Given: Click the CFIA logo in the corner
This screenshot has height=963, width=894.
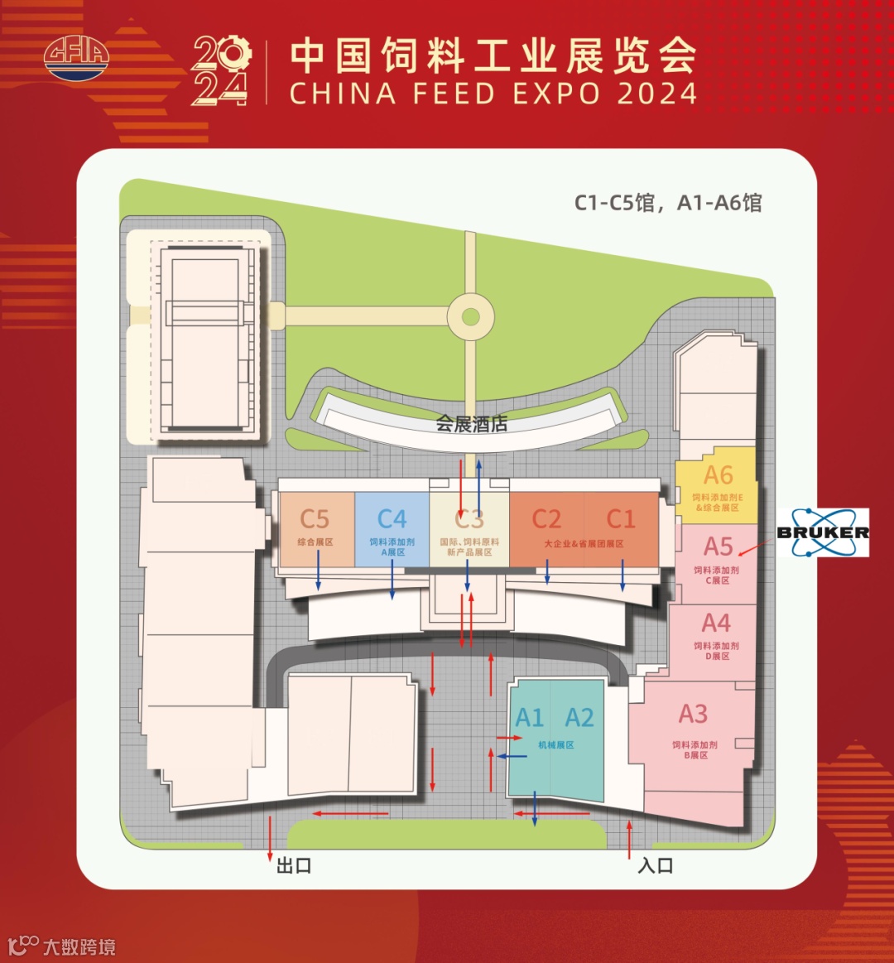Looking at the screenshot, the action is tap(76, 57).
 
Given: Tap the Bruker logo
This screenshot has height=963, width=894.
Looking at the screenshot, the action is tap(823, 532).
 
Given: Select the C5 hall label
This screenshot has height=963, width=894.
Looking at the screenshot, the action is tap(315, 519).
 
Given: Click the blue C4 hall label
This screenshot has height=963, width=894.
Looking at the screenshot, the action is tap(392, 519).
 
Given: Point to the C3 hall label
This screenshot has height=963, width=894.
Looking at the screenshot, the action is tap(469, 519).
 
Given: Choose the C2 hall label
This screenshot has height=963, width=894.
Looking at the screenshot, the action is tap(546, 519).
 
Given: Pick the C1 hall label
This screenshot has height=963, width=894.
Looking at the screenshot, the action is tap(621, 519).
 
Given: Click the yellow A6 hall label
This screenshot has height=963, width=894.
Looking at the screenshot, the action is tap(718, 475).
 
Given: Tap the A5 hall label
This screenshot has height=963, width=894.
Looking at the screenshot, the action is tap(718, 547).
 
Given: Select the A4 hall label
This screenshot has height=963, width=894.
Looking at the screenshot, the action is tap(716, 622).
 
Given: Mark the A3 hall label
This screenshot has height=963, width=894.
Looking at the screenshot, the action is tap(693, 714).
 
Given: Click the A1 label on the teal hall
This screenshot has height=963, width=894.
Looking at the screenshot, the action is tap(530, 718).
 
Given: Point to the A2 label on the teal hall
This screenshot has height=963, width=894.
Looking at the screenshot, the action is tap(579, 718).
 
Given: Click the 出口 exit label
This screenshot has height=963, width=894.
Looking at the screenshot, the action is tap(294, 866).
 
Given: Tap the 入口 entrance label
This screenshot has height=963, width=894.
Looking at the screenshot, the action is tap(655, 866).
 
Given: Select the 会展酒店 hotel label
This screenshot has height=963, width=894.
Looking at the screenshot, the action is tap(472, 425).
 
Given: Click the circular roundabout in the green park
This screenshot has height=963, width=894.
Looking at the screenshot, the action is tap(470, 316).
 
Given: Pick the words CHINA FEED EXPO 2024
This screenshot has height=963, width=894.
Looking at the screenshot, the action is tap(493, 93).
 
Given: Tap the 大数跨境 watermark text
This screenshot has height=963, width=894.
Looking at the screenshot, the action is tap(79, 946).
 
